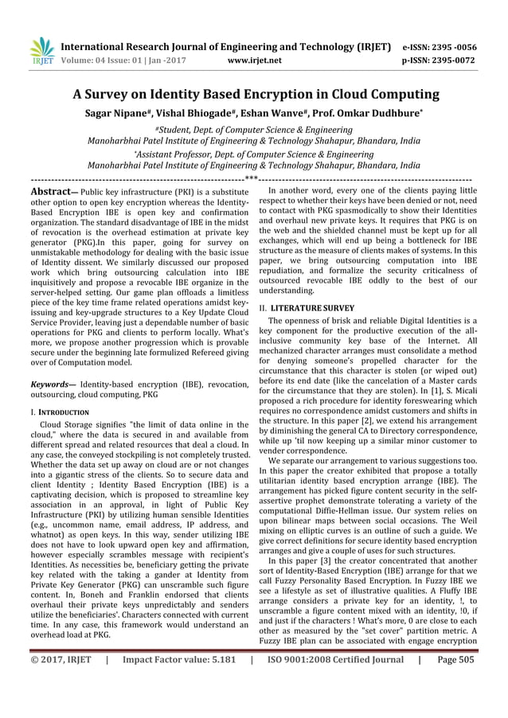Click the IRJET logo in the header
(41, 51)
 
